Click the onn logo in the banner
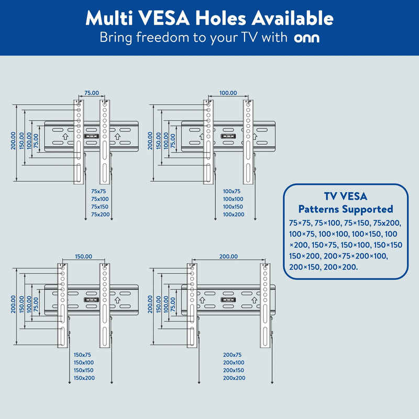tap(306, 38)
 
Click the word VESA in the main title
tap(164, 18)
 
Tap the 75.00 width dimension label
tap(92, 93)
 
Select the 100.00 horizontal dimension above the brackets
tap(228, 93)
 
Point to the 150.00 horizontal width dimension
tap(83, 256)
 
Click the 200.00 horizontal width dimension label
tap(228, 256)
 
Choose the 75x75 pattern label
tap(98, 191)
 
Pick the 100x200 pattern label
tap(234, 214)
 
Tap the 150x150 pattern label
tap(84, 370)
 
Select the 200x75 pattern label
tap(232, 355)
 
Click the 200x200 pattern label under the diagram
tap(234, 378)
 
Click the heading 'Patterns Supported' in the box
tap(346, 209)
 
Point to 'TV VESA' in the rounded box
tap(346, 196)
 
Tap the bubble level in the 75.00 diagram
tap(91, 136)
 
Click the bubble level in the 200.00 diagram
tap(228, 300)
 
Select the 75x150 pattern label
tap(100, 206)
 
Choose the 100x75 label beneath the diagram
tap(231, 191)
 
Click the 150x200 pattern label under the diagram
tap(84, 378)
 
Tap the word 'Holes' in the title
tap(220, 18)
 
